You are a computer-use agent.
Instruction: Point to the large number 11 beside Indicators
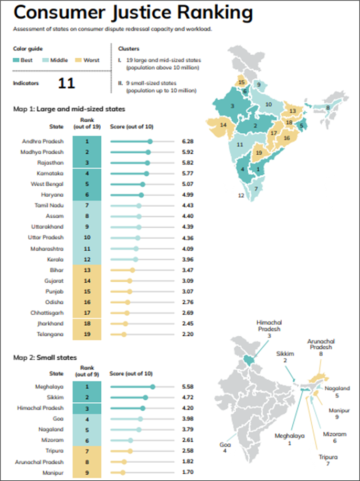tap(67, 83)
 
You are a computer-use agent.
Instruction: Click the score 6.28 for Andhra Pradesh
tap(188, 142)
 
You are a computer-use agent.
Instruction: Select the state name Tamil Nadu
tap(49, 205)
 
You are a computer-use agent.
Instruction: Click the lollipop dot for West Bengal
tap(142, 184)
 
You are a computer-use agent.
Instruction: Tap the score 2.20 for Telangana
tap(188, 333)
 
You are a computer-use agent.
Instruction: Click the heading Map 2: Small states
tap(45, 358)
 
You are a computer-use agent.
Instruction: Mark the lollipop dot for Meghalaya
tap(153, 387)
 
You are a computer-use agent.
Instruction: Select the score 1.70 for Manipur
tap(188, 473)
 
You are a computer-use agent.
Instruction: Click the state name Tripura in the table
tap(54, 451)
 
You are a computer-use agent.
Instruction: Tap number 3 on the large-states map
tap(232, 106)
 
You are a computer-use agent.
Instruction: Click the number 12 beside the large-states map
tap(241, 196)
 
